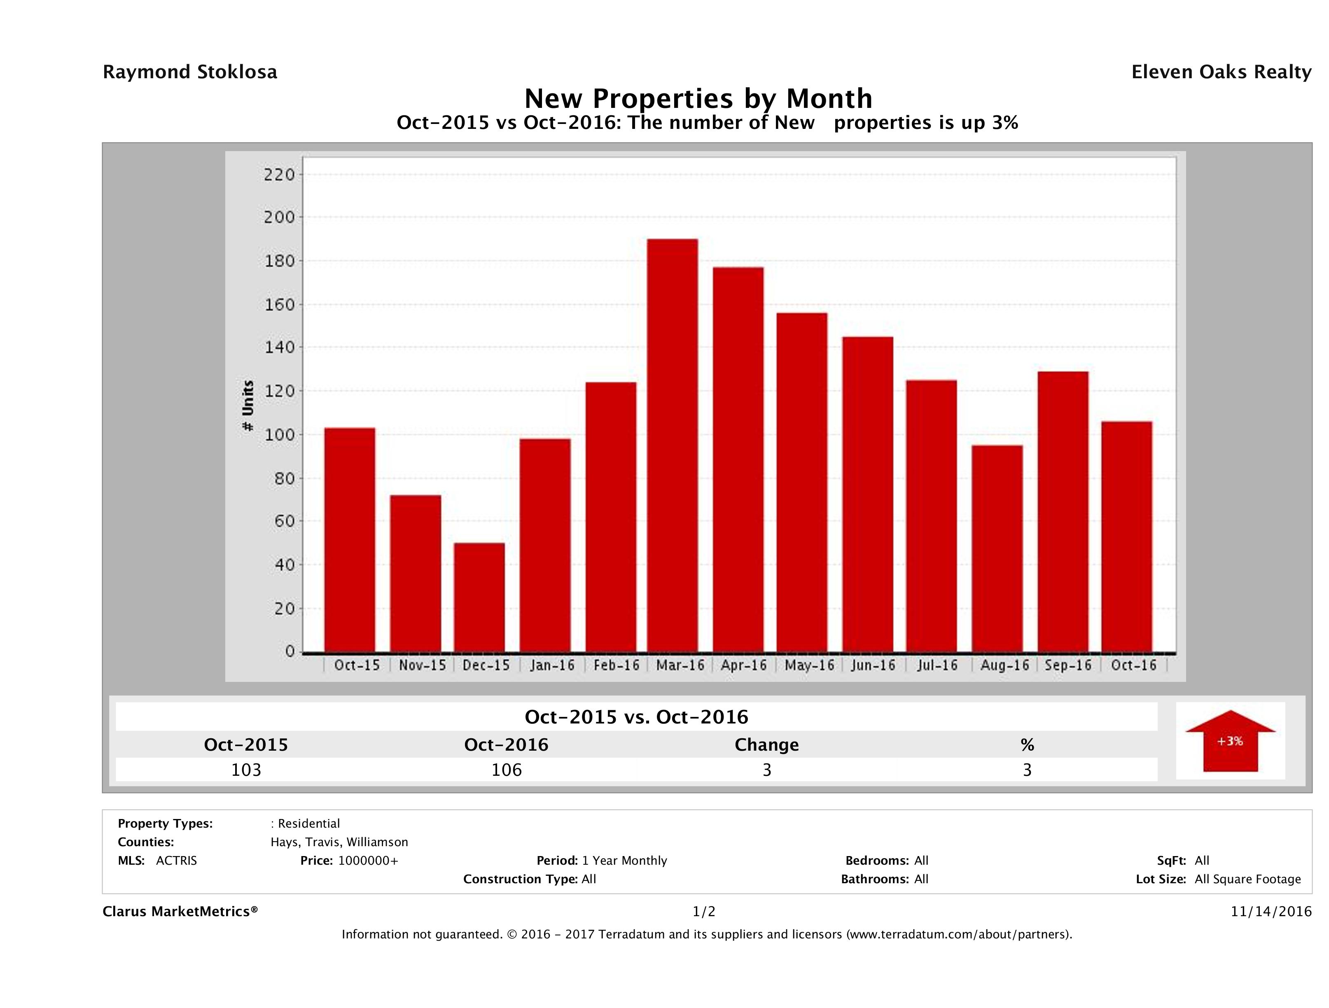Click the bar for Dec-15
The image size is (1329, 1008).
point(479,598)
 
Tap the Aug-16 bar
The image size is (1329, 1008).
point(997,548)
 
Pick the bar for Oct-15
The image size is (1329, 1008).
point(350,540)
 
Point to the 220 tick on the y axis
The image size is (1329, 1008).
point(279,175)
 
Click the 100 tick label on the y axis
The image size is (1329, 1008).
point(279,434)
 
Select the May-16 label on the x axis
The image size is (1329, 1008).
point(809,665)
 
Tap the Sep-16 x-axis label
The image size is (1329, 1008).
point(1067,665)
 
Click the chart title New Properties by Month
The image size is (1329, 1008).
point(698,98)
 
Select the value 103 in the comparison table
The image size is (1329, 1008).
point(246,770)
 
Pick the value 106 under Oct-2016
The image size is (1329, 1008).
point(507,770)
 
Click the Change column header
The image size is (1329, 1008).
point(767,745)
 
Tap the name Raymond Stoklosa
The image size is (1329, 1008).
point(190,72)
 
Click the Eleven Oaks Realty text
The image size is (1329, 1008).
point(1221,72)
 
